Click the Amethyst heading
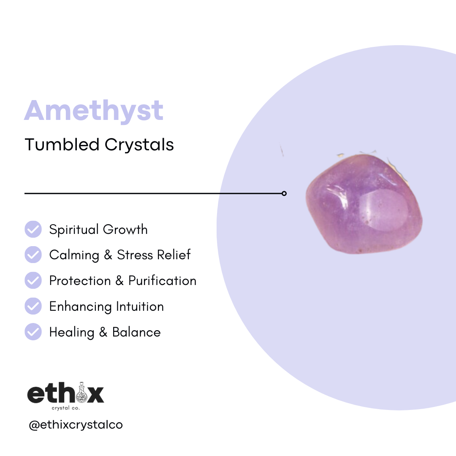pyautogui.click(x=93, y=111)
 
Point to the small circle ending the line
pyautogui.click(x=284, y=193)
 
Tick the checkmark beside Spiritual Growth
pyautogui.click(x=33, y=229)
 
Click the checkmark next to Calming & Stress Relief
pyautogui.click(x=33, y=255)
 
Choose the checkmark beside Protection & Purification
pyautogui.click(x=33, y=281)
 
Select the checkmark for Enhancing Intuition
pyautogui.click(x=33, y=306)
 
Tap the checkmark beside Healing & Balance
pyautogui.click(x=33, y=332)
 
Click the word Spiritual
pyautogui.click(x=74, y=230)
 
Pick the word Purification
pyautogui.click(x=163, y=281)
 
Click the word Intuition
pyautogui.click(x=141, y=306)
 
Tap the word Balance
pyautogui.click(x=136, y=332)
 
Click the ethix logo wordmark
pyautogui.click(x=65, y=394)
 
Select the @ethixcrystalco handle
pyautogui.click(x=76, y=424)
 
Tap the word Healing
pyautogui.click(x=72, y=332)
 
